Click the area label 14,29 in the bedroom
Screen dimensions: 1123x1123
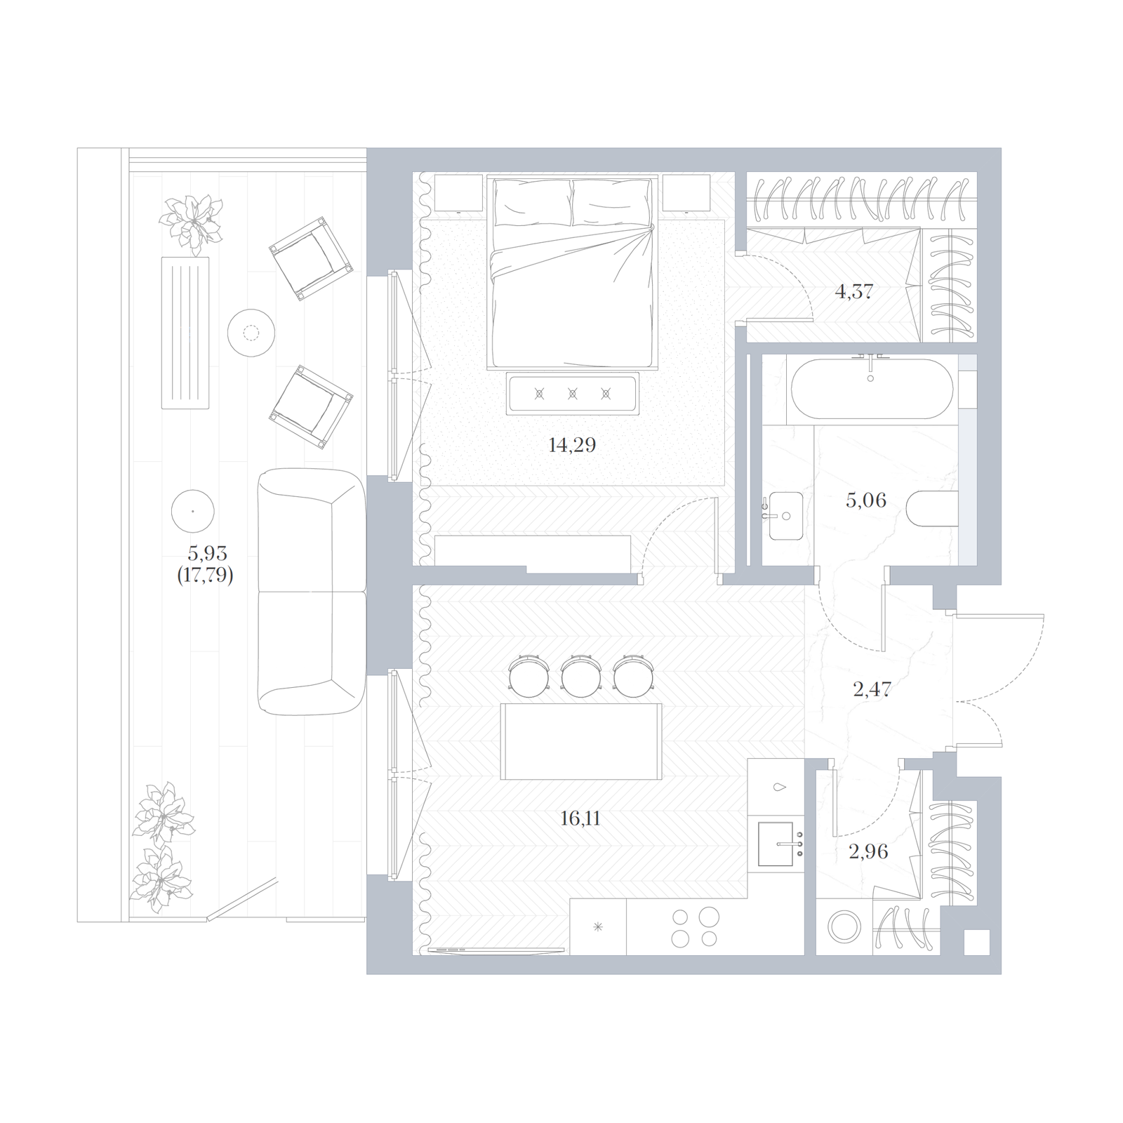click(572, 445)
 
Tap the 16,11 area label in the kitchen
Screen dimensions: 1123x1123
click(580, 818)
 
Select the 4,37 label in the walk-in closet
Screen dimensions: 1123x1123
click(853, 291)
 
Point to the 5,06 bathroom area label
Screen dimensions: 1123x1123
click(866, 500)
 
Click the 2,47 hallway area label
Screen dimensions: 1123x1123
click(872, 689)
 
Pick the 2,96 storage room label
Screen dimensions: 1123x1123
click(869, 851)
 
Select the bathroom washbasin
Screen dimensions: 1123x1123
click(785, 516)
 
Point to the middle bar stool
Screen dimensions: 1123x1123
click(580, 676)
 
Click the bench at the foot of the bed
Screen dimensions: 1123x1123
click(573, 394)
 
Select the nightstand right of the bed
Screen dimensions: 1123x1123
click(686, 193)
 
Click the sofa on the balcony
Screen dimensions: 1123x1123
click(312, 592)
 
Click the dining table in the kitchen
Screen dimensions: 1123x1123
click(581, 741)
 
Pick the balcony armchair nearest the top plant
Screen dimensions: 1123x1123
click(310, 258)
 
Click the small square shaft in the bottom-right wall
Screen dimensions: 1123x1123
click(976, 943)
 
